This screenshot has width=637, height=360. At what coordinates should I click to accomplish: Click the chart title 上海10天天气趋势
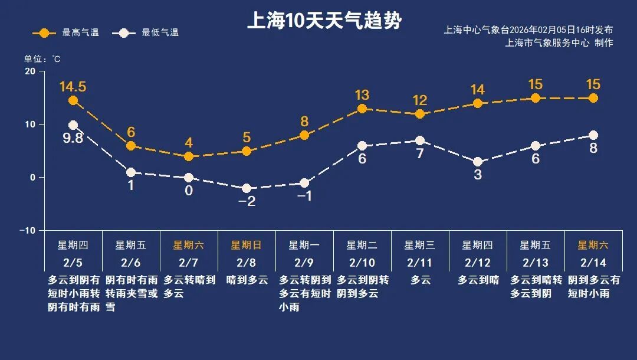(324, 21)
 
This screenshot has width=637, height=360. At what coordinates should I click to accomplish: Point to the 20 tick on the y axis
(29, 71)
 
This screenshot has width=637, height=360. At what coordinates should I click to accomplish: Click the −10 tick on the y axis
(27, 230)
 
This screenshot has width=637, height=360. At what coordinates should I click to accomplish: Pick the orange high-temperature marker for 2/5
(73, 100)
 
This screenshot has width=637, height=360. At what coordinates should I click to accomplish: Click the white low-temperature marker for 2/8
(247, 188)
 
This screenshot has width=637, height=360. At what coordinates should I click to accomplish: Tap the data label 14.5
(73, 87)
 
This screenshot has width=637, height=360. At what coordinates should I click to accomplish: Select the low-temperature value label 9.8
(73, 140)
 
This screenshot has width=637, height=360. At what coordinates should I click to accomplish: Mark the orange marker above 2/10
(362, 109)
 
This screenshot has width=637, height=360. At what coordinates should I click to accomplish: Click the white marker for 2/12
(478, 162)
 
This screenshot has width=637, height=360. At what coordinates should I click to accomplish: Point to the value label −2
(247, 201)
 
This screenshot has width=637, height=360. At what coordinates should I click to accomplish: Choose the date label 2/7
(189, 262)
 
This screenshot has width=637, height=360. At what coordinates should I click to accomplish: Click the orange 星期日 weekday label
(246, 245)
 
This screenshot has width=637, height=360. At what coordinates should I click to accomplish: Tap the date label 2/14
(593, 262)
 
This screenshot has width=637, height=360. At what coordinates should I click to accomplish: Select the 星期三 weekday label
(419, 245)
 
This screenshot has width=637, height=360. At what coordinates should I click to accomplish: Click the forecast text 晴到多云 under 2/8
(247, 280)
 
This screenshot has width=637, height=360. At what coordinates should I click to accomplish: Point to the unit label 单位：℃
(42, 59)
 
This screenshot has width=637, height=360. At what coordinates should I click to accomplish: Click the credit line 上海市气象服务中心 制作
(559, 43)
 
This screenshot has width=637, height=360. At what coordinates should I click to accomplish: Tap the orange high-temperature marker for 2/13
(536, 98)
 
